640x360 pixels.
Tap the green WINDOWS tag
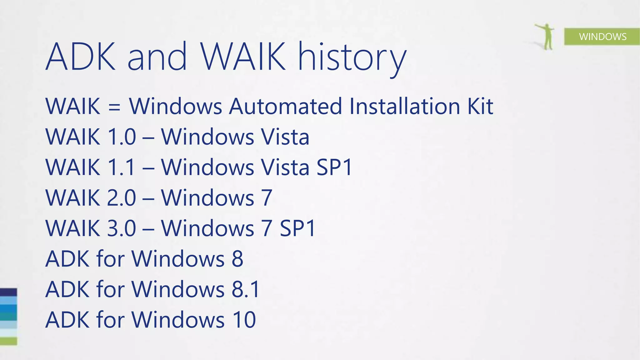coord(602,37)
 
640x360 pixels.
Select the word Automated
coord(285,106)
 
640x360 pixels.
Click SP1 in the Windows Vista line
coord(334,167)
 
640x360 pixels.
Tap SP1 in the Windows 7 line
coord(297,228)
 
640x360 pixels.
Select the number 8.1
coord(246,289)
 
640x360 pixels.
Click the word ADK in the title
coord(81,57)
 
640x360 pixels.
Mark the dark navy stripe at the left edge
coord(8,292)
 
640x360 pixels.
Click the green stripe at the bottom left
coord(8,341)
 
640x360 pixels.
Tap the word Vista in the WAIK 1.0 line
coord(285,137)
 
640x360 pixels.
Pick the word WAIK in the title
coord(243,57)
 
